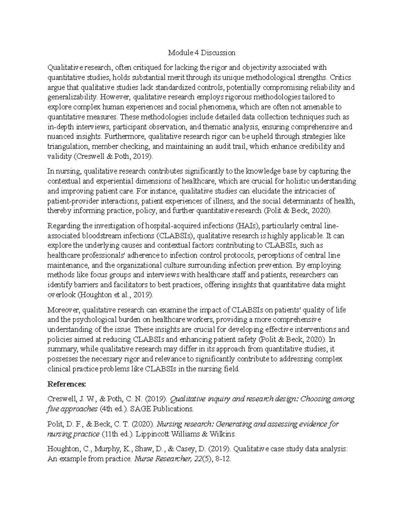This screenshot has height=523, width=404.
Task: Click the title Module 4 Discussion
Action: [202, 53]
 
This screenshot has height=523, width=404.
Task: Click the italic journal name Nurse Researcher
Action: [162, 459]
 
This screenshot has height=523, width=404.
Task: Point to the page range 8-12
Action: [225, 459]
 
